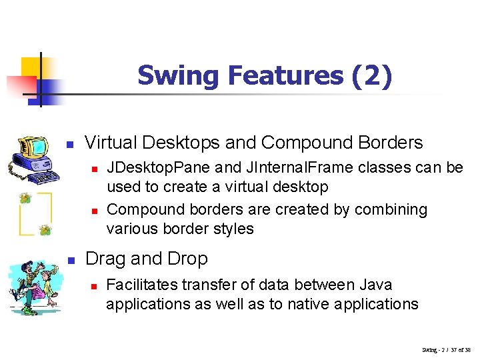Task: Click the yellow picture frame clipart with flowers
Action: pos(35,213)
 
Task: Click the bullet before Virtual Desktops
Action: pos(69,144)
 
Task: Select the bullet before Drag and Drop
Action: pos(69,259)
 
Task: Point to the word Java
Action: pos(377,285)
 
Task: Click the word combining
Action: pos(390,209)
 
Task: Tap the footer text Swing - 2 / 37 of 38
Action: pos(446,349)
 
